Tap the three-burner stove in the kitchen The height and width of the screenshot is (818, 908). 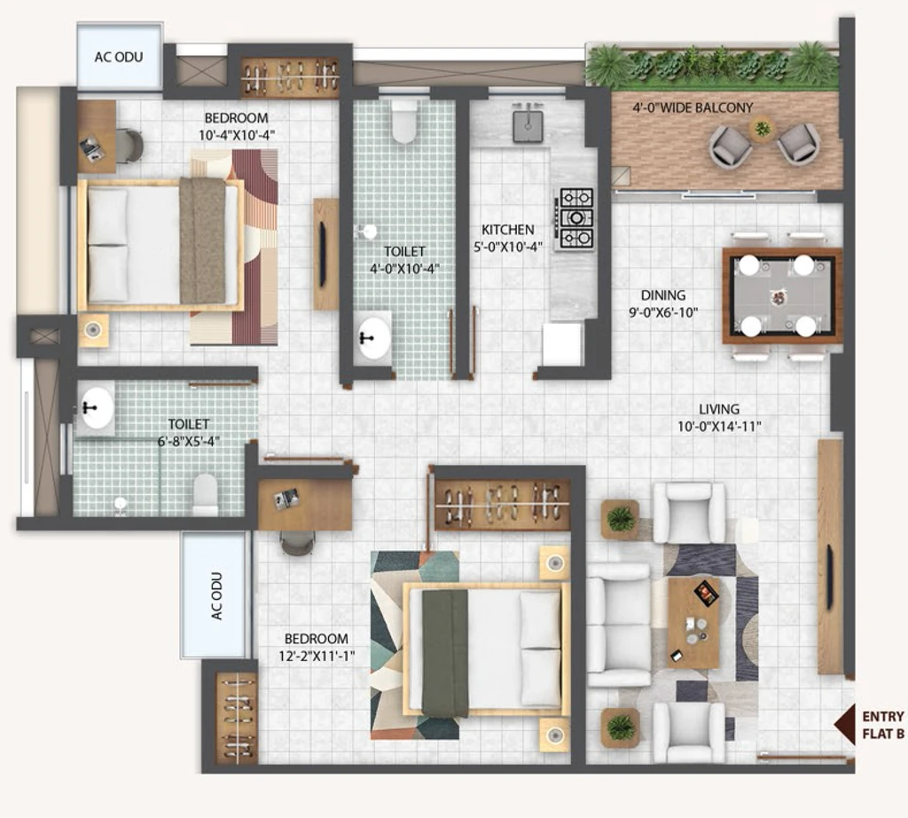(575, 218)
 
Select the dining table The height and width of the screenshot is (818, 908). (782, 296)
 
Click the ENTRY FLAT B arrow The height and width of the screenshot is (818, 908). (844, 724)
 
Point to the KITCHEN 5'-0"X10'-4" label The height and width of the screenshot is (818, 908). (508, 238)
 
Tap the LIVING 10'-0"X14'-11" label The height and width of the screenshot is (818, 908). (719, 418)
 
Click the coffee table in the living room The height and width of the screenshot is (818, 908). (693, 623)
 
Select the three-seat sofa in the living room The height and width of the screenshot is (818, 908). (619, 625)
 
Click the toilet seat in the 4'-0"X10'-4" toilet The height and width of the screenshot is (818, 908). (404, 122)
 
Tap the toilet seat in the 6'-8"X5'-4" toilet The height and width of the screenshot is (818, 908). (205, 495)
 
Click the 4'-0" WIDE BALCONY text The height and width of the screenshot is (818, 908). (693, 107)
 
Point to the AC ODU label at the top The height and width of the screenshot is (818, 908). (119, 57)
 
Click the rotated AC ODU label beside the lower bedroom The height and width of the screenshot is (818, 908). (216, 596)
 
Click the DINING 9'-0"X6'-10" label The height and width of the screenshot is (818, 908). (663, 303)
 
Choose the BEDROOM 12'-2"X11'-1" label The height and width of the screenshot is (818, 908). (317, 647)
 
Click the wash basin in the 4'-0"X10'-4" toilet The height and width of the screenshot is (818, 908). (372, 336)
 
